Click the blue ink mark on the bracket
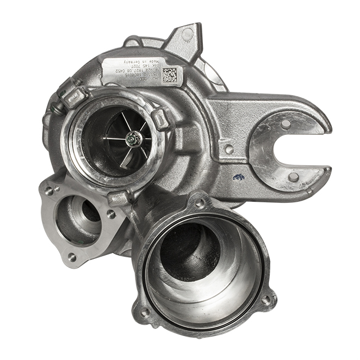[238, 176]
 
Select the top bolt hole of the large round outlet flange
[200, 203]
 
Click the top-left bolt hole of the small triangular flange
[49, 190]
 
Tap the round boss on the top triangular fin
[188, 34]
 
